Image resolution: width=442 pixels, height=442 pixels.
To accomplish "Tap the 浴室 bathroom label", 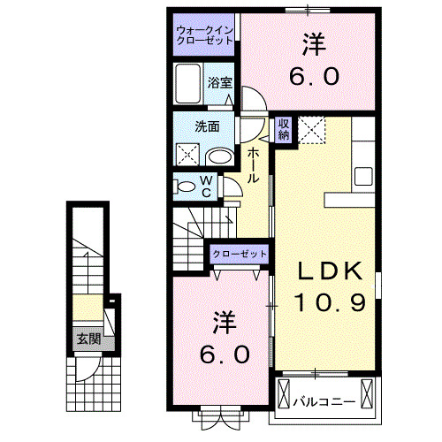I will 220,83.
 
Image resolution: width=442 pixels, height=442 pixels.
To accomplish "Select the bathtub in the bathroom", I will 189,86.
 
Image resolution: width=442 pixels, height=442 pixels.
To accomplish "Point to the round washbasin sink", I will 219,156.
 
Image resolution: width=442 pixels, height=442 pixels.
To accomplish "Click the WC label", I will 204,186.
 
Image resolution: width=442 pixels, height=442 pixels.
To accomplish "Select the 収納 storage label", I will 283,129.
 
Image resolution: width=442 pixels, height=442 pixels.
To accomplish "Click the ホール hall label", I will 253,165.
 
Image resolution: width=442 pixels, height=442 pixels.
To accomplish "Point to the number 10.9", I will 324,303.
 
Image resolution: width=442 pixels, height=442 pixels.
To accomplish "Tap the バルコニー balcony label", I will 325,400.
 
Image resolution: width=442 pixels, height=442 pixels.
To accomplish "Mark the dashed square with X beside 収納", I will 311,130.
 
